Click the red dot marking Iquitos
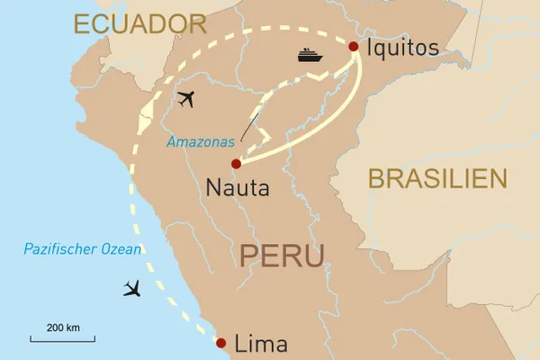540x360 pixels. point(354,47)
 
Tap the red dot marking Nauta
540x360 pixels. point(236,164)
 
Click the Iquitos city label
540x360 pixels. point(403,47)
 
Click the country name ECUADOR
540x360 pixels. point(140,24)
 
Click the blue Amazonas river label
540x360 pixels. point(201,142)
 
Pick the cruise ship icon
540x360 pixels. point(310,56)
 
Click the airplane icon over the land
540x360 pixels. point(186,99)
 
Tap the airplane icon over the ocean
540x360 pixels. point(133,289)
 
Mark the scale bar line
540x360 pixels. point(62,339)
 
